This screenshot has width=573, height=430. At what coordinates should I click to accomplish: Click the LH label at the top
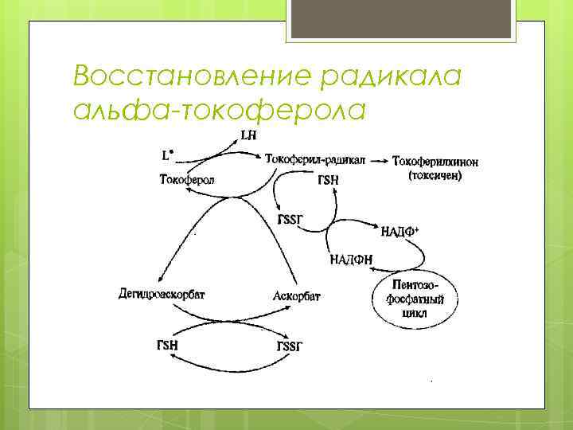[x=248, y=135]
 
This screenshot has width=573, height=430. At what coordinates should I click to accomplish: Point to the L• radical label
[x=168, y=151]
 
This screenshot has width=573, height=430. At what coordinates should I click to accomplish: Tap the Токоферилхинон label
[x=435, y=162]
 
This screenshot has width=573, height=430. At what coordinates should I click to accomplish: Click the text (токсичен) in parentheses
[x=435, y=176]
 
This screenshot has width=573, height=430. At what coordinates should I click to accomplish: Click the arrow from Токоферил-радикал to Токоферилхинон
[x=379, y=161]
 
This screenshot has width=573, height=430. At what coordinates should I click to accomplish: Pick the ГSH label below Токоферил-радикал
[x=328, y=181]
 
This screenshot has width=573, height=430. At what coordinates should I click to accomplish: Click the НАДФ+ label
[x=400, y=232]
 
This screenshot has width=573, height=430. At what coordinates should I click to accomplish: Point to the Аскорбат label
[x=296, y=295]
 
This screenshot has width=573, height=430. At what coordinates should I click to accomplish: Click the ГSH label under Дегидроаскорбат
[x=169, y=346]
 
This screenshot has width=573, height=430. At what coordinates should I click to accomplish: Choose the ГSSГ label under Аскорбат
[x=290, y=346]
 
